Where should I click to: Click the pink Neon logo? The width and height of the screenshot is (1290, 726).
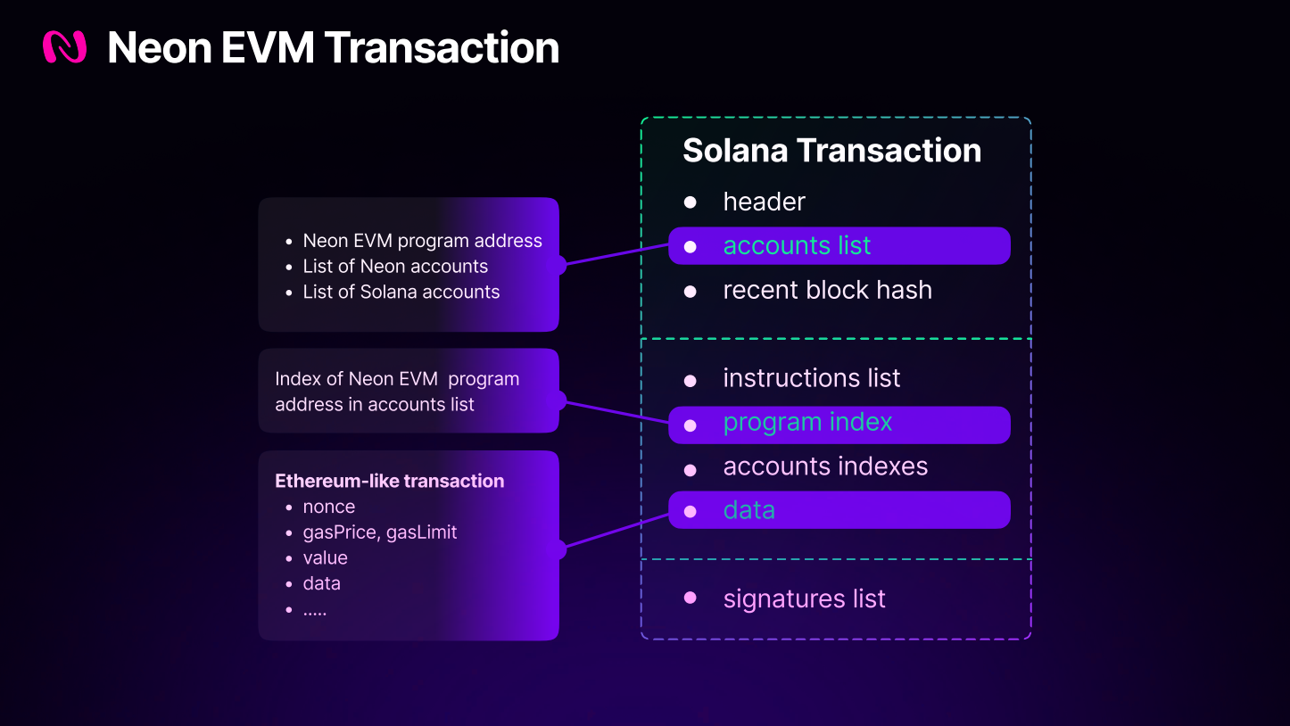pos(64,47)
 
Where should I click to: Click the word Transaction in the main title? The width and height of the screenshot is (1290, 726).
pos(442,47)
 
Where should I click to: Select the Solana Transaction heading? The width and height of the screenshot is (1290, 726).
pos(831,151)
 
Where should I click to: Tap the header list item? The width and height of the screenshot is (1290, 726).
pos(764,202)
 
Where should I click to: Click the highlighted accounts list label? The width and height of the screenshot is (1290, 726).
pos(797,245)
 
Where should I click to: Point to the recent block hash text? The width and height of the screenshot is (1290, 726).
pos(827,290)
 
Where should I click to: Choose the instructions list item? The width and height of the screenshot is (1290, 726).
pos(811,378)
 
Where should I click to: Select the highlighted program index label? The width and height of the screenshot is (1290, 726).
pos(807,422)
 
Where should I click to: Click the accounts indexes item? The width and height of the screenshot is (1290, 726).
pos(825,466)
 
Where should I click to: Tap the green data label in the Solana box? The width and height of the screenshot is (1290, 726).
pos(748,510)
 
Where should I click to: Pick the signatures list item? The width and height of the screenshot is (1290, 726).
pos(804,598)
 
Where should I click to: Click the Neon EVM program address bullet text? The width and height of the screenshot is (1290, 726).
pos(422,241)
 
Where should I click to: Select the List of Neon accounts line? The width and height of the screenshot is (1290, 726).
pos(395,266)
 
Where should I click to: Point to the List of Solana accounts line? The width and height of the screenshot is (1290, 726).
pos(401,292)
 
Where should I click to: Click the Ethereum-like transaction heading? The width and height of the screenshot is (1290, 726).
pos(389,481)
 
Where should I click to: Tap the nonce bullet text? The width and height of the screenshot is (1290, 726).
pos(328,507)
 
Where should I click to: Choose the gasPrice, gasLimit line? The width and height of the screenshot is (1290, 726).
pos(379,532)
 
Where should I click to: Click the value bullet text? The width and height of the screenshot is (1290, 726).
pos(325,557)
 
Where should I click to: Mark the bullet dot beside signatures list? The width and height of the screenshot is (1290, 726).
pos(690,598)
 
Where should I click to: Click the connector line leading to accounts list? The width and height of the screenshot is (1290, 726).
pos(616,254)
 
